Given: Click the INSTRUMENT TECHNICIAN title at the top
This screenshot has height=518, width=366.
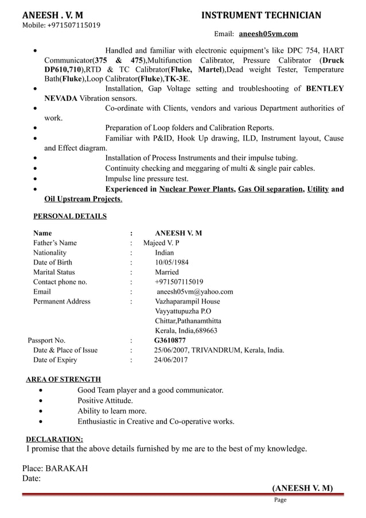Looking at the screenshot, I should click(261, 15).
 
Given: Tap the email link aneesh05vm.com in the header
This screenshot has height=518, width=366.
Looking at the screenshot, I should click(268, 34).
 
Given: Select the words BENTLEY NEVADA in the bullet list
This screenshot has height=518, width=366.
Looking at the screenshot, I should click(325, 89).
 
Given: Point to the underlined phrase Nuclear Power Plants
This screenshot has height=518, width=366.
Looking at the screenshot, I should click(197, 189).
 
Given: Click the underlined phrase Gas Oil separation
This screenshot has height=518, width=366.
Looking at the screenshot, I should click(270, 189).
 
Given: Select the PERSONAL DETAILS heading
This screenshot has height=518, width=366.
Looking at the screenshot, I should click(69, 217).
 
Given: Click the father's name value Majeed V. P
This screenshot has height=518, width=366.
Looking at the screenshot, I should click(161, 243).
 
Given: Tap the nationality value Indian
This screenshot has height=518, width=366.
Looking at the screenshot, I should click(165, 253).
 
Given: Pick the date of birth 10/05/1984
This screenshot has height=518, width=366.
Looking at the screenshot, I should click(172, 263).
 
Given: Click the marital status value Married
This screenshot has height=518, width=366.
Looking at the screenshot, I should click(167, 272).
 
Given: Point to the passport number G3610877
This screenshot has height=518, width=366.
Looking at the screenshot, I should click(170, 341).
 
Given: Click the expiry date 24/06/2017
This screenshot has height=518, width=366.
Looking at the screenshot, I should click(170, 360).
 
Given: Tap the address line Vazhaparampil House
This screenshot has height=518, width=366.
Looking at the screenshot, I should click(187, 302).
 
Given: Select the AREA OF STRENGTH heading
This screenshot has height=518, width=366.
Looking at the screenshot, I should click(64, 380).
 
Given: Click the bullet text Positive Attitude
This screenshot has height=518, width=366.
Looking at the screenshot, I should click(105, 400).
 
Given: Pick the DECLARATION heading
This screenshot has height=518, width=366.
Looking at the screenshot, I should click(54, 439).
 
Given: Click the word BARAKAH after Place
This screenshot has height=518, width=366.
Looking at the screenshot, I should click(67, 469).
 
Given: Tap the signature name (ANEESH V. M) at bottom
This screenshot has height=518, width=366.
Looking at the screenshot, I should click(302, 488).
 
